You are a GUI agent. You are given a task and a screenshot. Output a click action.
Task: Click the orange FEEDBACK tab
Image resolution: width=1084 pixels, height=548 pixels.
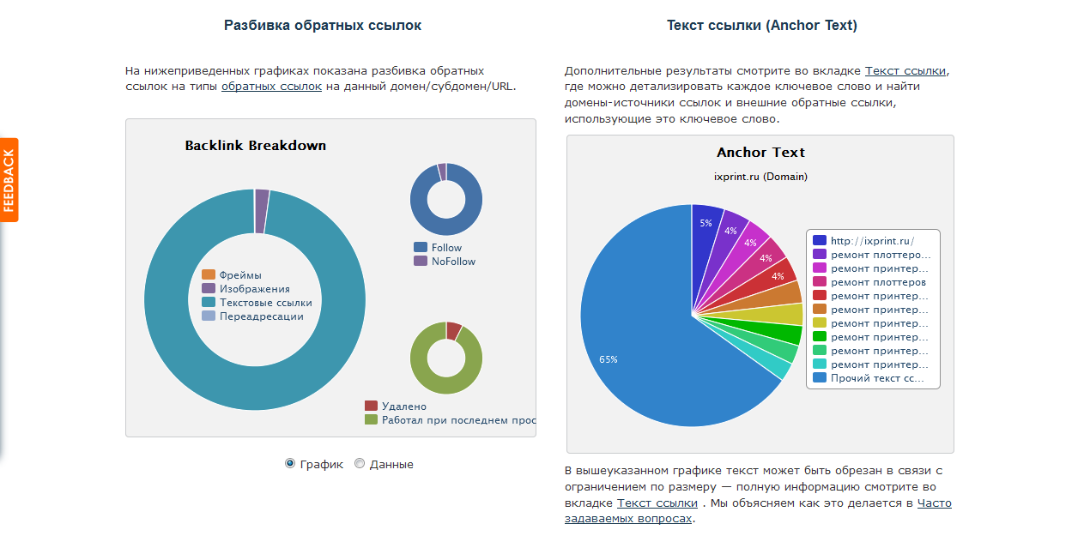(x=9, y=180)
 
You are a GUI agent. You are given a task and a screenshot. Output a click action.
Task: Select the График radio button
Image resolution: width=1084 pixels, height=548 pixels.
(x=290, y=464)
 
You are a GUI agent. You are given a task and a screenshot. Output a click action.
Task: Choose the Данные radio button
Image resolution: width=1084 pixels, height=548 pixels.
(x=360, y=464)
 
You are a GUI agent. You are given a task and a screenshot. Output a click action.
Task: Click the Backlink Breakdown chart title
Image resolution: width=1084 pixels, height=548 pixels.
(x=255, y=146)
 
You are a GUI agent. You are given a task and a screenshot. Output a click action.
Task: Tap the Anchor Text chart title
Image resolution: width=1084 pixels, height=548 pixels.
(x=760, y=153)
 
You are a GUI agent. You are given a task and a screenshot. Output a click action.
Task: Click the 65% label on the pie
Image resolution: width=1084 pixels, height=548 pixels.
(x=609, y=359)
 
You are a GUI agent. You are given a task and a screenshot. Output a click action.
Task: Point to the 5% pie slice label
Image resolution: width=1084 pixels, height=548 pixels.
(x=706, y=223)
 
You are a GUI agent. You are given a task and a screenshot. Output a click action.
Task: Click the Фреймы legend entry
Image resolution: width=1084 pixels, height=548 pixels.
(x=240, y=275)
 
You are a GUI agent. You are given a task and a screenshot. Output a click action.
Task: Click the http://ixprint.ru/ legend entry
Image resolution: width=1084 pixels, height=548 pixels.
(x=872, y=241)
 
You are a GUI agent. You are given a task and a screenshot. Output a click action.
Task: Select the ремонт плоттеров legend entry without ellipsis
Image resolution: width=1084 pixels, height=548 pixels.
(x=878, y=282)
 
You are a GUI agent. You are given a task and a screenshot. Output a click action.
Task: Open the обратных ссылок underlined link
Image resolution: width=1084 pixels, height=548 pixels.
(x=271, y=87)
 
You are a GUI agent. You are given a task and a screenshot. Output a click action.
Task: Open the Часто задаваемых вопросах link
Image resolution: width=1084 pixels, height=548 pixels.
(x=934, y=503)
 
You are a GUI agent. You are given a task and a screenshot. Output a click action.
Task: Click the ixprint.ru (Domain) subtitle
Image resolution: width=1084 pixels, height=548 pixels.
(x=760, y=177)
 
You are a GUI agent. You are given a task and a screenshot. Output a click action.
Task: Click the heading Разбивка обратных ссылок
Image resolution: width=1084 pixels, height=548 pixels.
(x=323, y=26)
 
